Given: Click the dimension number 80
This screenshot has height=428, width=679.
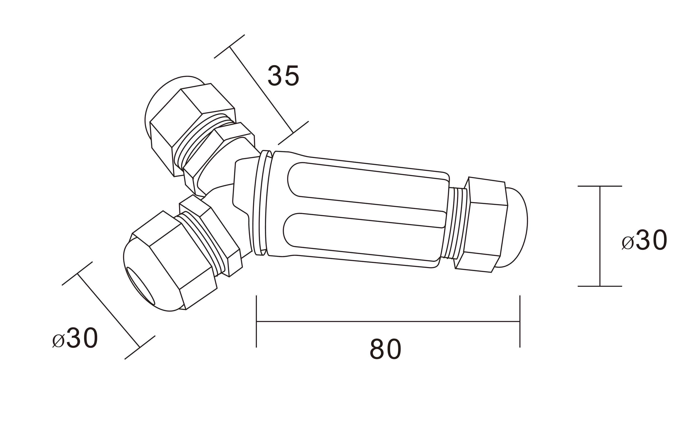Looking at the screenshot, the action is tap(385, 349).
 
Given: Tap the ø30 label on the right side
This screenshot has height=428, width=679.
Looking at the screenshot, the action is tap(644, 240).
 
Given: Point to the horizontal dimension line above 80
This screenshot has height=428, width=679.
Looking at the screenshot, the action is tap(388, 321).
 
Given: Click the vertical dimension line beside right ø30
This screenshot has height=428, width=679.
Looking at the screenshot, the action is tap(600, 236).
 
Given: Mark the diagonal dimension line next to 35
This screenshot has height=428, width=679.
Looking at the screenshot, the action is tap(261, 90).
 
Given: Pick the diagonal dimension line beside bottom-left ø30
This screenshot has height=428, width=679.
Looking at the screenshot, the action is tap(108, 311).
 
